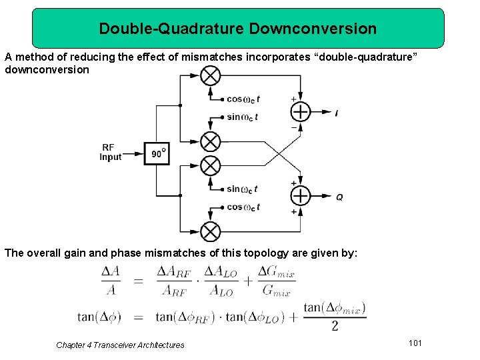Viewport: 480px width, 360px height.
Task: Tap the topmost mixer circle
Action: [x=211, y=75]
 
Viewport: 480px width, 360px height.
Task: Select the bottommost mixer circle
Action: [x=211, y=231]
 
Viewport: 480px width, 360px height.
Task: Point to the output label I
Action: [x=337, y=113]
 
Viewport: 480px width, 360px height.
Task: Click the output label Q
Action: [x=339, y=197]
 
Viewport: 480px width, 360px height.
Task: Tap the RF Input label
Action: [x=111, y=152]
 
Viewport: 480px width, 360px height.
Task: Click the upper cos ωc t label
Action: [x=243, y=99]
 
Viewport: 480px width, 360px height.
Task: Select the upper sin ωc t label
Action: [x=242, y=117]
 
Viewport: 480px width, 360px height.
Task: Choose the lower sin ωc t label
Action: [x=242, y=189]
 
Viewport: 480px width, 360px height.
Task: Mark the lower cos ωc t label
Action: [x=243, y=207]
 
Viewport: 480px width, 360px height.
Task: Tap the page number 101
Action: [x=415, y=343]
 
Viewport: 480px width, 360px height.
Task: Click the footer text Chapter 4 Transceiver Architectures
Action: [x=120, y=345]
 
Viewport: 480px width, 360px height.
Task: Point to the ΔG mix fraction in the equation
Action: [x=276, y=281]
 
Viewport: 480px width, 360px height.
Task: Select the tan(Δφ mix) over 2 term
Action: [x=334, y=316]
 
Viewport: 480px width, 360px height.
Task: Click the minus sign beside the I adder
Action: [x=294, y=127]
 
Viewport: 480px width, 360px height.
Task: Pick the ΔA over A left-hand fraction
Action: [x=111, y=281]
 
